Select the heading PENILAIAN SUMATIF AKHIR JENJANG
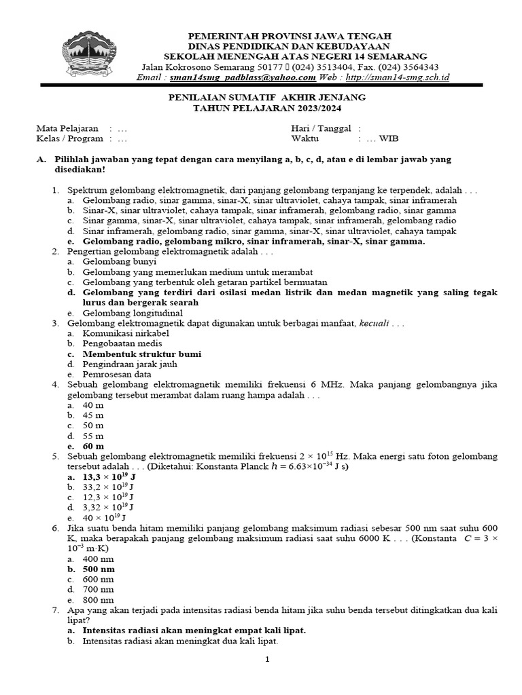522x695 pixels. point(266,98)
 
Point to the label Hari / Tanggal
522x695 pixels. point(321,128)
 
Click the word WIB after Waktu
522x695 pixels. point(389,138)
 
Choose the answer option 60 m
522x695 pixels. point(93,447)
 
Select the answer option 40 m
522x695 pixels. point(92,405)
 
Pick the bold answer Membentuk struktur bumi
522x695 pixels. point(141,354)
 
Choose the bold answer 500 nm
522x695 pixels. point(99,569)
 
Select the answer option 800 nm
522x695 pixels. point(98,600)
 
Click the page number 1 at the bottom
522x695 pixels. point(268,659)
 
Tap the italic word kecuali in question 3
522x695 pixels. point(374,323)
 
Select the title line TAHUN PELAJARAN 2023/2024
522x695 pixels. point(266,108)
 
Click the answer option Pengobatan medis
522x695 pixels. point(122,343)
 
